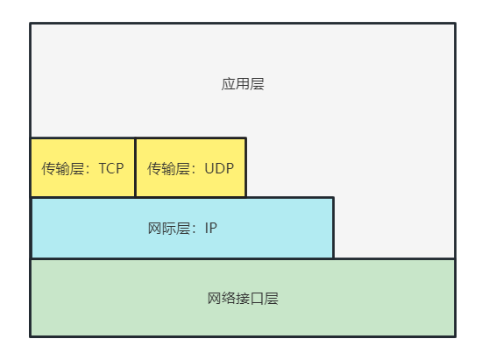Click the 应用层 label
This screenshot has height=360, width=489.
click(x=243, y=85)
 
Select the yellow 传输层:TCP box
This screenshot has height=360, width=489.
click(x=83, y=167)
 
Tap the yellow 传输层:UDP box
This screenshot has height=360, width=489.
click(x=191, y=167)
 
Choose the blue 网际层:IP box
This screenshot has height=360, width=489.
click(x=182, y=228)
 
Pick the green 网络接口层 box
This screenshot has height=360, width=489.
click(x=243, y=298)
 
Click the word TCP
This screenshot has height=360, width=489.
click(x=111, y=168)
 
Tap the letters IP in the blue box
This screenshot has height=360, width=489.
click(x=210, y=229)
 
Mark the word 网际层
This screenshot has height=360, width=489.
click(x=169, y=229)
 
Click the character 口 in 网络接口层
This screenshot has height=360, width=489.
click(x=258, y=299)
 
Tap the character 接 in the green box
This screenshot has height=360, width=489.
click(x=243, y=299)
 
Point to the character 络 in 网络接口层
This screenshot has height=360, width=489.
click(x=229, y=299)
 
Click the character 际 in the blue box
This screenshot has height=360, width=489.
click(x=169, y=229)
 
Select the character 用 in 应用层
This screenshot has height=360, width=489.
click(x=243, y=85)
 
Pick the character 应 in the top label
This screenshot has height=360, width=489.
click(x=229, y=85)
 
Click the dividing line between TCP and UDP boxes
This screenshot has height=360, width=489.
click(x=135, y=167)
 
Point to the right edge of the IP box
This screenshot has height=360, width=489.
click(x=334, y=228)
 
